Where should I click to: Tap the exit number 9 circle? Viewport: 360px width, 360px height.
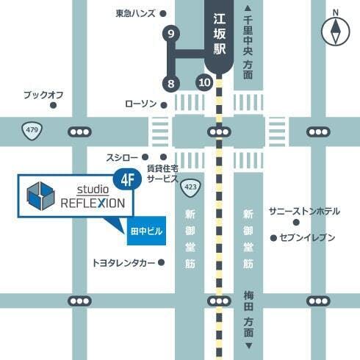(172, 34)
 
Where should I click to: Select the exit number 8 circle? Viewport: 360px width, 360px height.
(171, 82)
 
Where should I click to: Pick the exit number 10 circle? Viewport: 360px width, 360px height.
(204, 82)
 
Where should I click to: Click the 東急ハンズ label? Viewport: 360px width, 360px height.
(136, 13)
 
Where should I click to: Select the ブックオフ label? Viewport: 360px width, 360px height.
(43, 95)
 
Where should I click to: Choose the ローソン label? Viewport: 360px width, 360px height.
(141, 104)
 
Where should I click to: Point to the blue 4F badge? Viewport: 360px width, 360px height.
(126, 178)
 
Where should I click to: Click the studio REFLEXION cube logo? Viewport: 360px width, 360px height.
(41, 195)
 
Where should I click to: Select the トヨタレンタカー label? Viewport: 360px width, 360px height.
(123, 262)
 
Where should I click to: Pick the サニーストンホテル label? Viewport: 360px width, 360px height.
(304, 212)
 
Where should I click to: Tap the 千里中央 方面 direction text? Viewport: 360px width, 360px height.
(248, 45)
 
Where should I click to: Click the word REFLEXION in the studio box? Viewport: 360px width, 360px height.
(93, 203)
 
